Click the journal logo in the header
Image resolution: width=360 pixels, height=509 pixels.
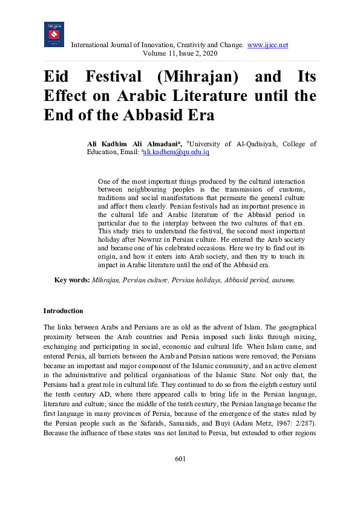54,34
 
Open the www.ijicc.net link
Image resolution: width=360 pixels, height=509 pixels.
267,45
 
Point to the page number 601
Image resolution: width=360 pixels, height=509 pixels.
180,459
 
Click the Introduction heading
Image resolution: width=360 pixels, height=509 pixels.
63,311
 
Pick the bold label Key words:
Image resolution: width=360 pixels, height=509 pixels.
72,280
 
